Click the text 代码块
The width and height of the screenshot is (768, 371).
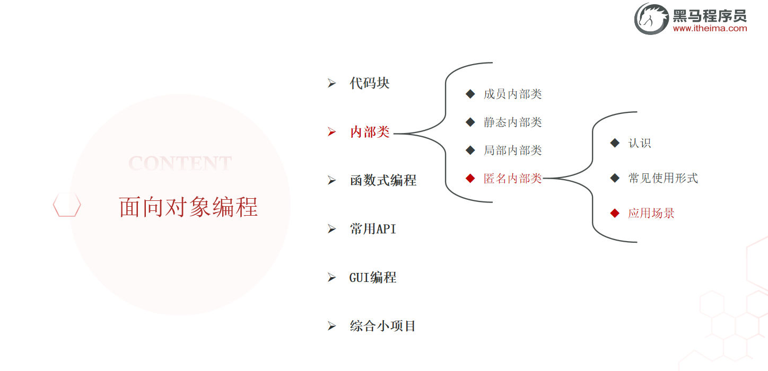(x=370, y=83)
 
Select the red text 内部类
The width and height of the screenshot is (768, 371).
(x=370, y=132)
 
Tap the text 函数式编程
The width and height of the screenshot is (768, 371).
(x=383, y=180)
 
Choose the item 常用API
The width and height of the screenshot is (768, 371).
(x=373, y=229)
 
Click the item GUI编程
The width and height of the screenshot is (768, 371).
(x=373, y=277)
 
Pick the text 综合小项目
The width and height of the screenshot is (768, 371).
(x=383, y=326)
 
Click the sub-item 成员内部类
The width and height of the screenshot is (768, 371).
(x=512, y=94)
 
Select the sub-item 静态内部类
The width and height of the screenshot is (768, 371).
(x=512, y=122)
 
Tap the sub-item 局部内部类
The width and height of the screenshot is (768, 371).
(x=512, y=151)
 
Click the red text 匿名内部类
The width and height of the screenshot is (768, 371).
(x=512, y=179)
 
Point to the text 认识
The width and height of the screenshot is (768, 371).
(x=640, y=143)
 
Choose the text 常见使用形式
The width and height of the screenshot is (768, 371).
(x=663, y=178)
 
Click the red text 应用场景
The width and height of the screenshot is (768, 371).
(x=651, y=214)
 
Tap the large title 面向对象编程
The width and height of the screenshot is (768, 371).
(x=188, y=207)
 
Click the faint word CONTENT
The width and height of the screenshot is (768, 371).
(x=180, y=163)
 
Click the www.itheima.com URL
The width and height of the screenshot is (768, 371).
(x=710, y=29)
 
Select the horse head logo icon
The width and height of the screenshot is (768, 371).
(x=651, y=19)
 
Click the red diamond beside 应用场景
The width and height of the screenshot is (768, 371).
(x=615, y=213)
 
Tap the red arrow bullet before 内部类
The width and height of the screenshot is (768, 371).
(x=332, y=132)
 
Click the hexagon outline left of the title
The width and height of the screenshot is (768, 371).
(x=67, y=205)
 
